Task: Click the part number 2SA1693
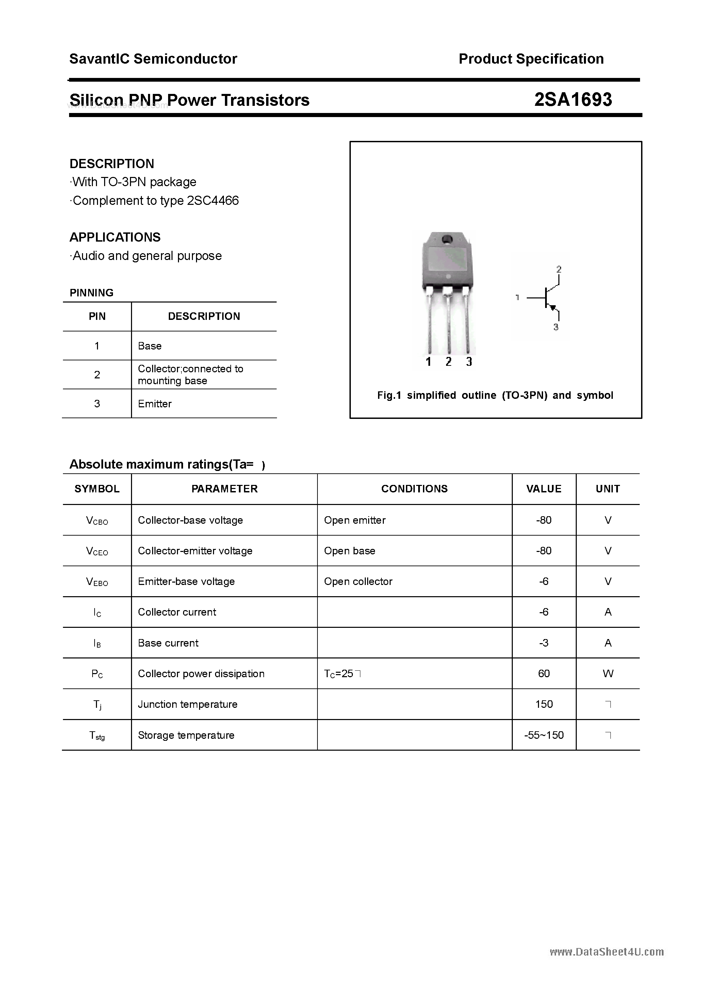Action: [573, 100]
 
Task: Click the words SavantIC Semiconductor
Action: [153, 59]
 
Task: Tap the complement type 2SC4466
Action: [212, 201]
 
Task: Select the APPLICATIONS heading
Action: [115, 237]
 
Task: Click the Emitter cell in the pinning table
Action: [155, 404]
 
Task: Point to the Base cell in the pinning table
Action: [149, 346]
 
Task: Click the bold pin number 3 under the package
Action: [469, 362]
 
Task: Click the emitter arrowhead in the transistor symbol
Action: [552, 307]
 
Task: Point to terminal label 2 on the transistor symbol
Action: [559, 269]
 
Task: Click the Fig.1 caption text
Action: [495, 395]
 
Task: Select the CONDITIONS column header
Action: [414, 489]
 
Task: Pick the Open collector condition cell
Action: [358, 582]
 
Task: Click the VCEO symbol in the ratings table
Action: [97, 551]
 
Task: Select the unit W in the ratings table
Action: [608, 673]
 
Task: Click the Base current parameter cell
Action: [168, 643]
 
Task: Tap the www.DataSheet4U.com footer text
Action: [606, 952]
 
